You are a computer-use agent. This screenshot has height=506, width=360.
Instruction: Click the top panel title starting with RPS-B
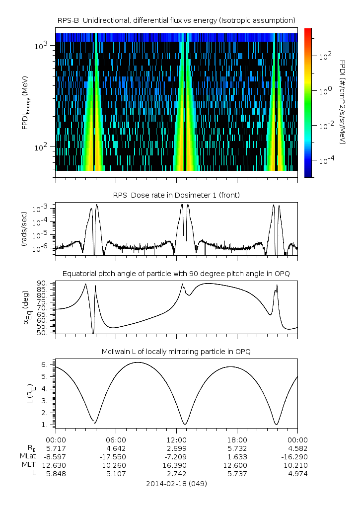176,21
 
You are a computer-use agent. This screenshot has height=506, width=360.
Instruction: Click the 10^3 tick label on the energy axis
41,46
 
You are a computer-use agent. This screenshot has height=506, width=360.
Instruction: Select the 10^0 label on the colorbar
325,91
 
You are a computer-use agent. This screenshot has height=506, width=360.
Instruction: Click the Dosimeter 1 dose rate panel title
176,195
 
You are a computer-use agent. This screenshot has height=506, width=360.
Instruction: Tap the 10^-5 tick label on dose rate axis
41,235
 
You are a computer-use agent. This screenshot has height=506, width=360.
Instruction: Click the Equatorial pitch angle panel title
176,274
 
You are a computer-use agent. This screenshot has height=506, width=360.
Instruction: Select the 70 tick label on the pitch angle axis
45,308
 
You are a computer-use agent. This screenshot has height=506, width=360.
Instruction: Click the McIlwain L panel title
176,352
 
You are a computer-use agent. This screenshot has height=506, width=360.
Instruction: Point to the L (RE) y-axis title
30,394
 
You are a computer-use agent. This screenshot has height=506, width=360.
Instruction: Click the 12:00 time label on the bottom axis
176,440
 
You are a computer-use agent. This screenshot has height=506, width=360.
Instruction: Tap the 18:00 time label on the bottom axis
237,440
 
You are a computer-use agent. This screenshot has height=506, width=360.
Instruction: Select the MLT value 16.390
176,465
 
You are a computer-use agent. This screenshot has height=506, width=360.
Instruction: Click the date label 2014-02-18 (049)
176,484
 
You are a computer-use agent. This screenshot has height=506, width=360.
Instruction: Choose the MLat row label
28,456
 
